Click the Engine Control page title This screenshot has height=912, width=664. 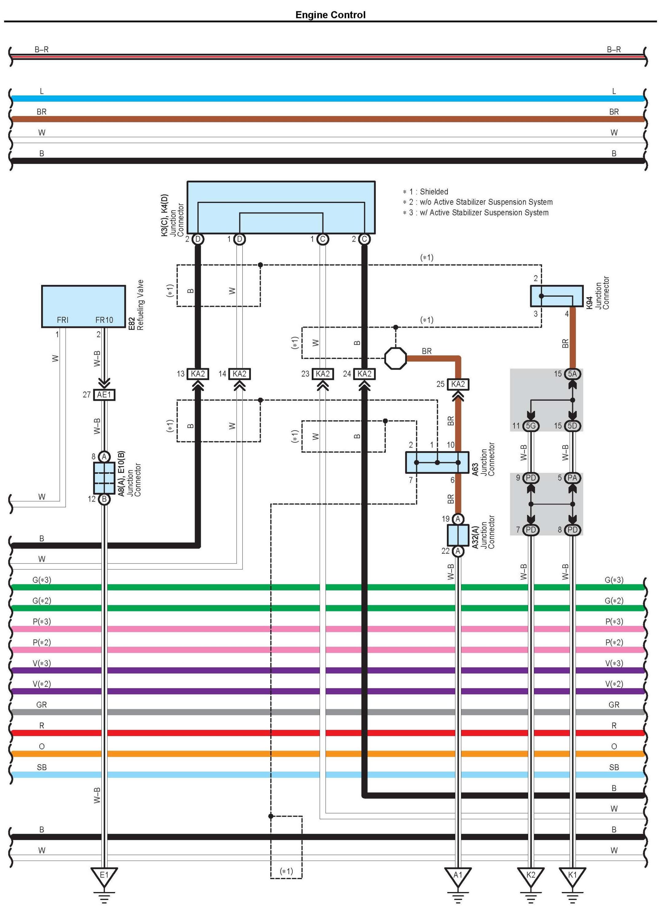tap(330, 15)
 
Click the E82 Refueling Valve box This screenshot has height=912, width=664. tap(83, 306)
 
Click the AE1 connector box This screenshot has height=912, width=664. tap(104, 395)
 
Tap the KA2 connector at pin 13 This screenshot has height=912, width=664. tap(198, 374)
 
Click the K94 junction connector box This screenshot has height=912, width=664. tap(557, 296)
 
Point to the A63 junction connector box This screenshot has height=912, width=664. tap(437, 462)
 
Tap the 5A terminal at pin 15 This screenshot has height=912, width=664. tap(572, 374)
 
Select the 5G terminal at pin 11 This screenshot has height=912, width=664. tap(531, 426)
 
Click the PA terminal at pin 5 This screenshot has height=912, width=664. tap(572, 478)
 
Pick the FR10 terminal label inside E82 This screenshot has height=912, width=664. tap(104, 320)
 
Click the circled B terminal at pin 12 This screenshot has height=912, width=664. tap(104, 499)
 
